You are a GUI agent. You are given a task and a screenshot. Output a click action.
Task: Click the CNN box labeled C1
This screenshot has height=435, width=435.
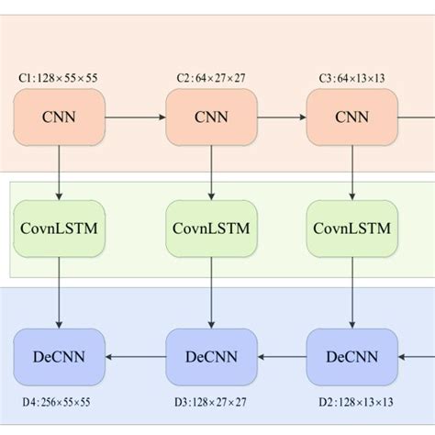coord(60,118)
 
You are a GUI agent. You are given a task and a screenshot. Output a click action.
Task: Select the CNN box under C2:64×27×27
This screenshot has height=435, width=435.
coord(211,118)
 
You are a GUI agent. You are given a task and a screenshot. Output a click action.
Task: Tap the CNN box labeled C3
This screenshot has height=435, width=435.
coord(351,118)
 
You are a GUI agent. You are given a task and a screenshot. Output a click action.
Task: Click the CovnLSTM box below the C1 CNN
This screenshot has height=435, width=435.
coord(60,227)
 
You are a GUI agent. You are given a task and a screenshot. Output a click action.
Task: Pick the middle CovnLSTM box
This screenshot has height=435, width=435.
coord(211,227)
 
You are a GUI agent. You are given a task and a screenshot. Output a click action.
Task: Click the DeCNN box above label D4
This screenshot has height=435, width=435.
coord(60,355)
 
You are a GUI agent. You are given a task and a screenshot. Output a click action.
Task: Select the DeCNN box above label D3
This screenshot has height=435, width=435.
coord(211,355)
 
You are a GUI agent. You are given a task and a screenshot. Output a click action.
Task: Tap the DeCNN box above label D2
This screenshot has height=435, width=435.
coord(351,355)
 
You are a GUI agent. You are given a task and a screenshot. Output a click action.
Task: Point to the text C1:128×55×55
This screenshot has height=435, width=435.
coord(60,80)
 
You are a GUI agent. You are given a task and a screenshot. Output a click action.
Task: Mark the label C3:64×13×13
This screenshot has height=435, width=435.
coord(351,80)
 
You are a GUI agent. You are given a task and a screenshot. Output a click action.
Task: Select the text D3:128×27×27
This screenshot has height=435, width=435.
coord(211,402)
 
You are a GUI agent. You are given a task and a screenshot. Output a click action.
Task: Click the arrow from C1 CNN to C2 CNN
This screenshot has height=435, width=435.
coord(135,118)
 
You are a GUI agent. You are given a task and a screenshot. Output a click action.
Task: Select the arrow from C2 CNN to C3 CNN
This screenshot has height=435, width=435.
coord(282,118)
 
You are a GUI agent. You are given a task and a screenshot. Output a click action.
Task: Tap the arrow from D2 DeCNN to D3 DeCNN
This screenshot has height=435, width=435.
coord(282,355)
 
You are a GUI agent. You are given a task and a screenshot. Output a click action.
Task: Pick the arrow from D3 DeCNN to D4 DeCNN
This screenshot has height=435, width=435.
coord(135,355)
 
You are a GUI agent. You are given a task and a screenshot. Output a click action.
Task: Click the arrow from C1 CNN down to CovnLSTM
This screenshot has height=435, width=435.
coord(60,173)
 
